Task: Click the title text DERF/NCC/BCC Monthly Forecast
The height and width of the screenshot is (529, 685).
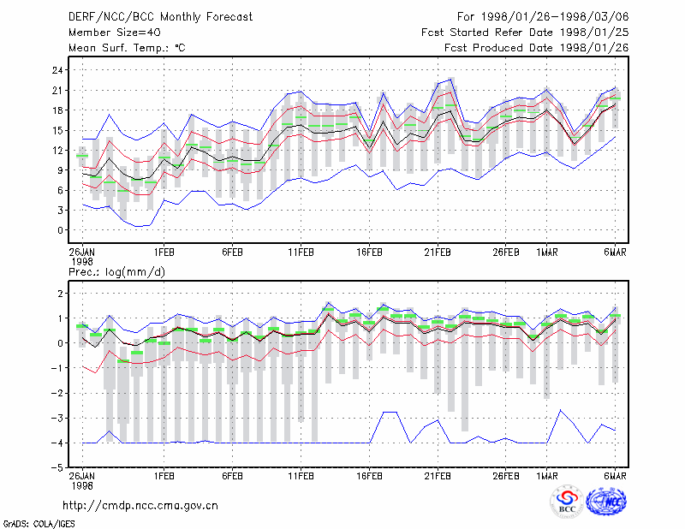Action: click(160, 17)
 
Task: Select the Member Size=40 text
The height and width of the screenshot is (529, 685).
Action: click(115, 33)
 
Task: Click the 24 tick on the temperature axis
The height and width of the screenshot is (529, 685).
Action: click(57, 70)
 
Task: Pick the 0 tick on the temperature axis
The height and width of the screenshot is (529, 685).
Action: click(60, 230)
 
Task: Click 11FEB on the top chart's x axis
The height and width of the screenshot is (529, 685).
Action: click(301, 253)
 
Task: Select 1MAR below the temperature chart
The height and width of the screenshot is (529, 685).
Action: click(547, 253)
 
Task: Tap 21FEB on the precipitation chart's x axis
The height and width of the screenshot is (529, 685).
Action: click(438, 476)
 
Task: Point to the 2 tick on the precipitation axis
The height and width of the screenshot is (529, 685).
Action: click(60, 294)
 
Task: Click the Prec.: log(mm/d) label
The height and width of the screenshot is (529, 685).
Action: click(116, 272)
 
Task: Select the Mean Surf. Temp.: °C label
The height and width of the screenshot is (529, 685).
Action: click(127, 48)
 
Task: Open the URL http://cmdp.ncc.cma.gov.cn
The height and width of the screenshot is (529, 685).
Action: click(140, 506)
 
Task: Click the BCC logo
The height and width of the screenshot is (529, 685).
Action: click(567, 502)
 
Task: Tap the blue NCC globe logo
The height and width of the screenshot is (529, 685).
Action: click(606, 502)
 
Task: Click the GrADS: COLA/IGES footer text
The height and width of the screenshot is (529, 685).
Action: click(39, 524)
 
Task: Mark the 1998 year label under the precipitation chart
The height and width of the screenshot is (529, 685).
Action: click(82, 485)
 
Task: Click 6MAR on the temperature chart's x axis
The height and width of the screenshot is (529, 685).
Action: click(615, 253)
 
